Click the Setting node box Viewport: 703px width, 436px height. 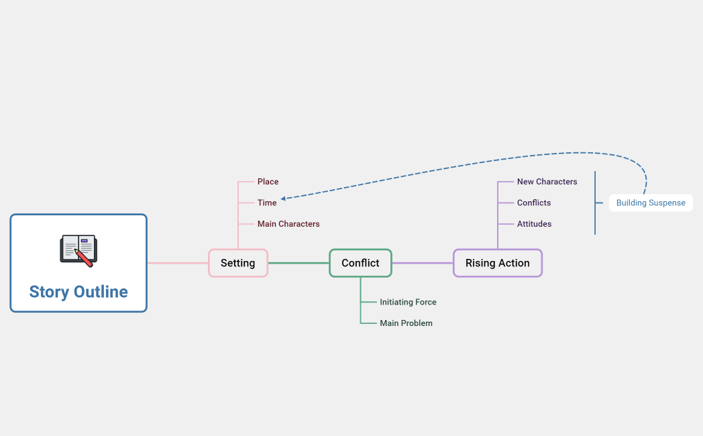tap(238, 263)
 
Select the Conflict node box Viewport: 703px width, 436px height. tap(360, 263)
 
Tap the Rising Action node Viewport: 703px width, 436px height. tap(497, 263)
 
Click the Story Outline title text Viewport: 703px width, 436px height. tap(78, 292)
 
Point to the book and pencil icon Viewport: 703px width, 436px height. tap(78, 250)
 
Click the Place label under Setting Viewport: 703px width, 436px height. tap(268, 182)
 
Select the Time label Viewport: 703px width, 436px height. tap(267, 203)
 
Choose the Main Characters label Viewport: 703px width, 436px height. tap(288, 224)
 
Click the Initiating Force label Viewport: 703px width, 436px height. tap(408, 303)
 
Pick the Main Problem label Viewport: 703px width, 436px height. tap(406, 323)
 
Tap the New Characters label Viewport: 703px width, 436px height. tap(547, 182)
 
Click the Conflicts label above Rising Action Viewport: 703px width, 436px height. tap(534, 203)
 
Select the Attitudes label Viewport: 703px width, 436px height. tap(534, 224)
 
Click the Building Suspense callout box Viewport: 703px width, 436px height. tap(651, 203)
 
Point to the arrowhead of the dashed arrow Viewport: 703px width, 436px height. tap(283, 199)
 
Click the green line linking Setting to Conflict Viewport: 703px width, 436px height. tap(299, 263)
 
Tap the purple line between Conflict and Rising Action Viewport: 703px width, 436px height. tap(423, 263)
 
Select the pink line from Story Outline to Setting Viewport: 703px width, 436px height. tap(178, 263)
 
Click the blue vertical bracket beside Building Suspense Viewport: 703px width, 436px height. tap(595, 203)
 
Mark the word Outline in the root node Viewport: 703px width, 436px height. tap(101, 292)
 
